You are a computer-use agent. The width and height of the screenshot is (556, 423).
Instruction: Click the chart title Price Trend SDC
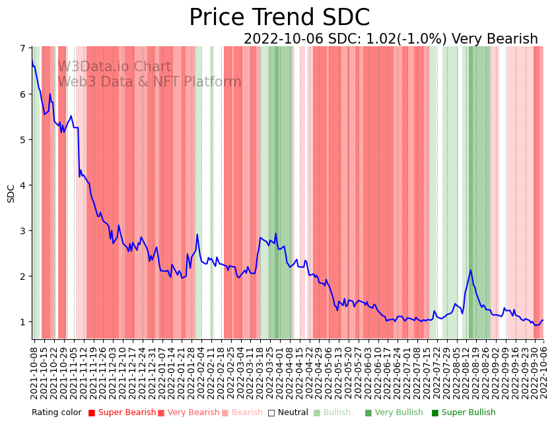pyautogui.click(x=279, y=18)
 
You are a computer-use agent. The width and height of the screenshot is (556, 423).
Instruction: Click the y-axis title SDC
pyautogui.click(x=11, y=193)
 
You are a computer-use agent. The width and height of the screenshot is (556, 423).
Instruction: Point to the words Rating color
pyautogui.click(x=56, y=412)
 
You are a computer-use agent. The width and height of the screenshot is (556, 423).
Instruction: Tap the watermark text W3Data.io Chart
pyautogui.click(x=114, y=67)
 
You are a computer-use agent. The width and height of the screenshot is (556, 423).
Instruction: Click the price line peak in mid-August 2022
pyautogui.click(x=471, y=270)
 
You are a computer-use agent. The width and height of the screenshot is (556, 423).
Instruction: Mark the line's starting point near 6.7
pyautogui.click(x=32, y=61)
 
